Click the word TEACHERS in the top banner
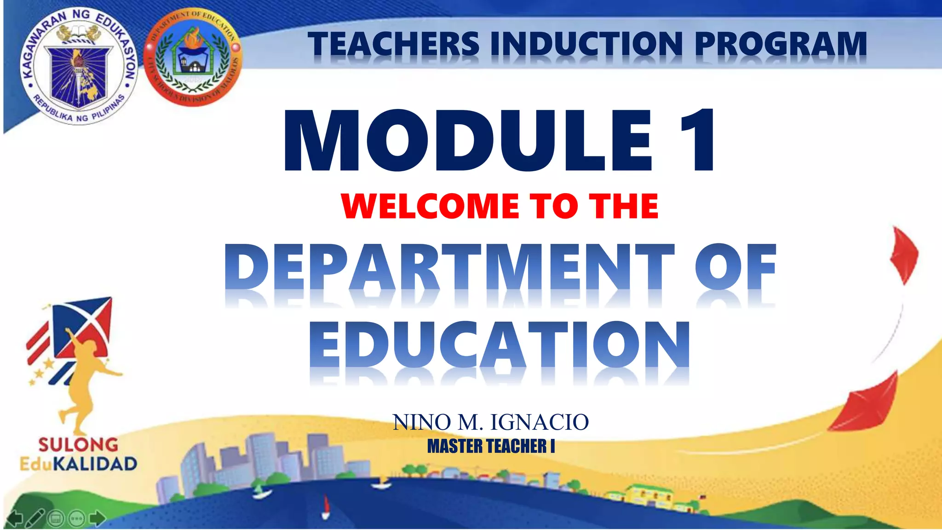coord(394,45)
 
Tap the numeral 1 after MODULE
coord(697,140)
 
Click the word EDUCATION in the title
coord(500,345)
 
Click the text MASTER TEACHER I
coord(491,446)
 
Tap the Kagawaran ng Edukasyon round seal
coord(79,67)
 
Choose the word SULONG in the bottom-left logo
coord(78,444)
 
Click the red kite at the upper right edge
coord(904,255)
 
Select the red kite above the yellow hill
coord(867,405)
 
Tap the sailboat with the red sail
coord(326,506)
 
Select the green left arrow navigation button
coord(14,518)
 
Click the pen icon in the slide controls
coord(35,518)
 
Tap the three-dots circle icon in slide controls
coord(76,519)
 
